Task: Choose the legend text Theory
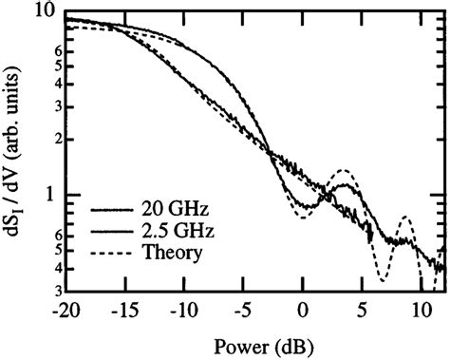tap(162, 253)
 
